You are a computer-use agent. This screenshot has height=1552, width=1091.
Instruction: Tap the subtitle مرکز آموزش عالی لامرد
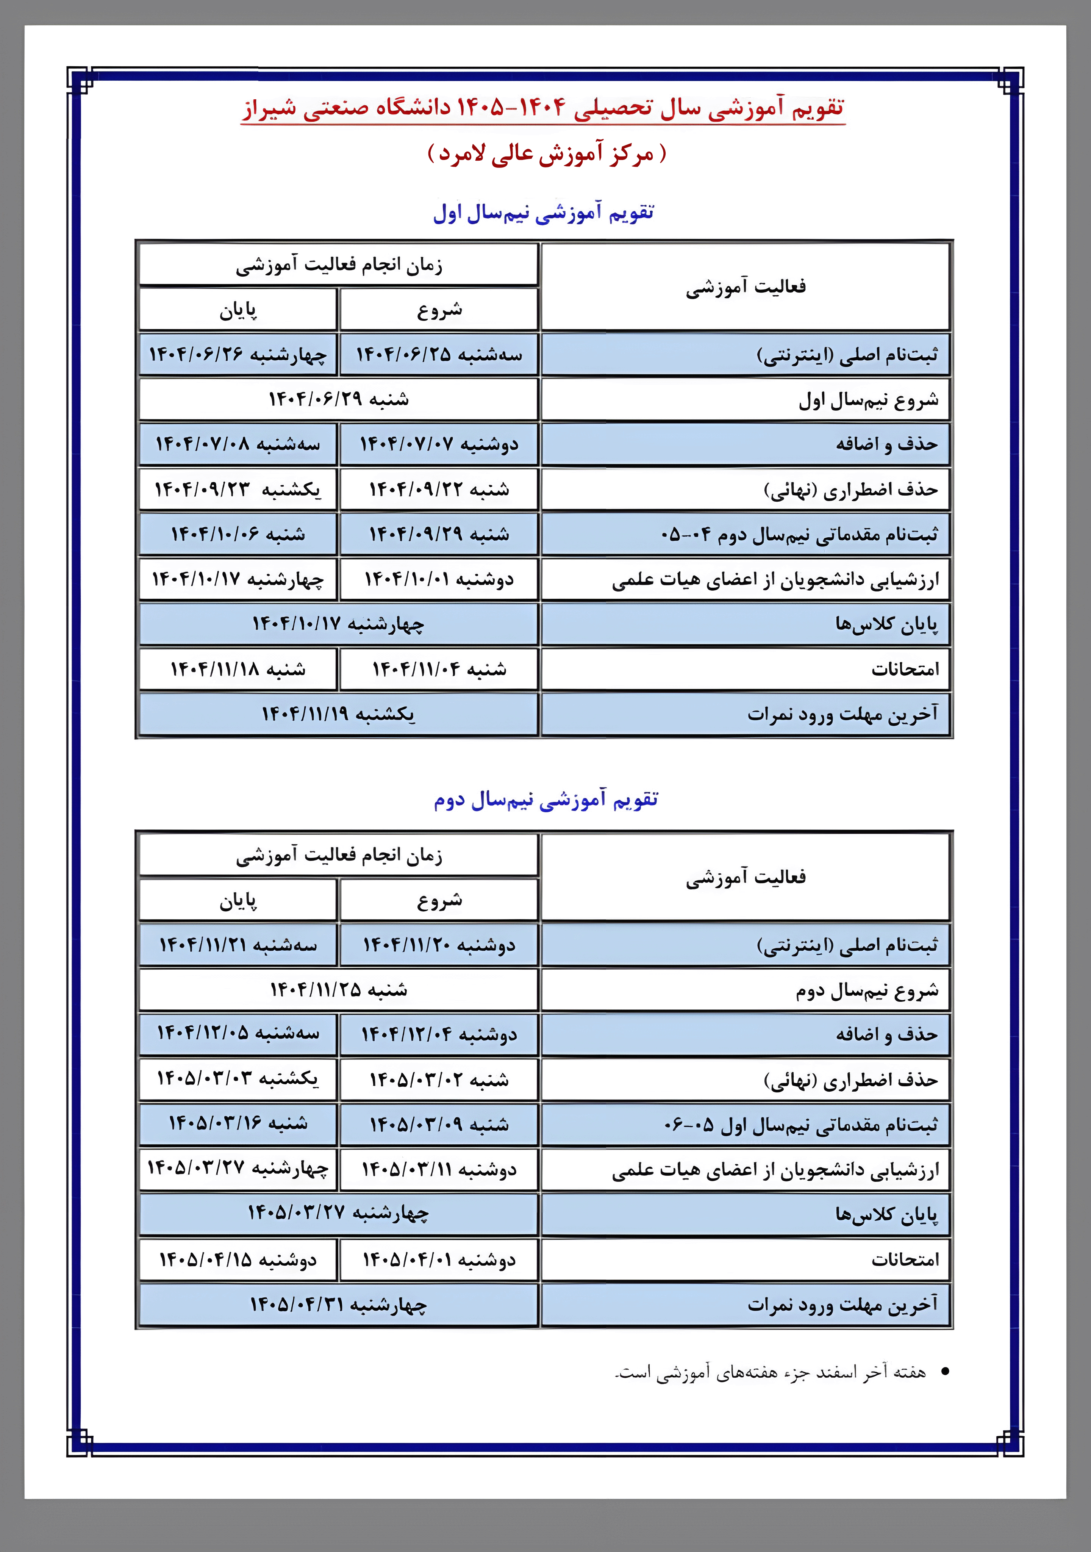coord(546,153)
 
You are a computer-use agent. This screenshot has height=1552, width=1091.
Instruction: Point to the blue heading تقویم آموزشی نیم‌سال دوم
coord(545,799)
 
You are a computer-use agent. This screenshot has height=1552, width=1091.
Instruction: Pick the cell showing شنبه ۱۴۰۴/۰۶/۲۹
coord(339,399)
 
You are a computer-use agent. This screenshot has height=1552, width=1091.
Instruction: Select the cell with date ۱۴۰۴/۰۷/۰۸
coord(238,444)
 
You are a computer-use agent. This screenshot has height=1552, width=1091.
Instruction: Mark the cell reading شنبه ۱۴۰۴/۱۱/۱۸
coord(238,669)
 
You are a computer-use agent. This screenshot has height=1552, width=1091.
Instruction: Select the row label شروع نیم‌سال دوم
coord(867,991)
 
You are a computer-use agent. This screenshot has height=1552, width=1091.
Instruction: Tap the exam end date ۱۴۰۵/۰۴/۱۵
coord(238,1260)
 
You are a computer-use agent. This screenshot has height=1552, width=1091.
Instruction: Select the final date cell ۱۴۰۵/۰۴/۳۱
coord(339,1305)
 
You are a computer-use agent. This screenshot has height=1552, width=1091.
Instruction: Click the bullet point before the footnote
coord(945,1372)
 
